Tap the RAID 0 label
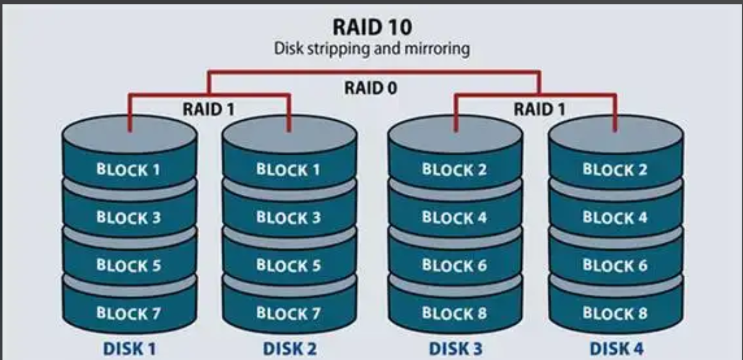(371, 88)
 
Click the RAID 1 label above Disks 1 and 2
(209, 110)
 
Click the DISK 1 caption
(129, 349)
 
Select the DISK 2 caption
(290, 349)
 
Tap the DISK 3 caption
(455, 349)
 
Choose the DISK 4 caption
(616, 349)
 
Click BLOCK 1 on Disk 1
(128, 170)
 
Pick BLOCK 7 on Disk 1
(128, 313)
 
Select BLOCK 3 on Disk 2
(288, 217)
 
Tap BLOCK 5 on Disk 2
(288, 265)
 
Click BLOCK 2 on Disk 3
(454, 170)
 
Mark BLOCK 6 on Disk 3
(454, 265)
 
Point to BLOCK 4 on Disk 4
(615, 217)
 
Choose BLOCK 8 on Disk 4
(615, 313)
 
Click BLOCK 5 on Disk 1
(128, 265)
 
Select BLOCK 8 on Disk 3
(454, 313)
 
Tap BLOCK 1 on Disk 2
(288, 170)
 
